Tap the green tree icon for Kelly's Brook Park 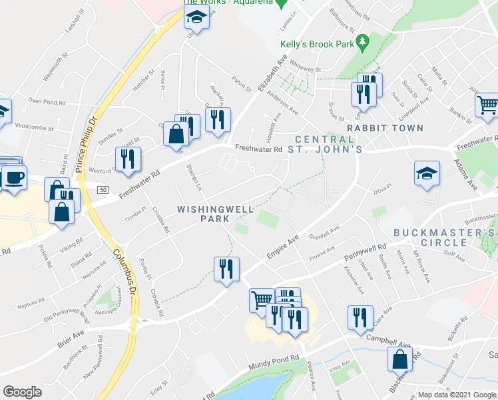coord(362,43)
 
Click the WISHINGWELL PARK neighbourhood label coord(215,214)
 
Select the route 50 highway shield coord(102,191)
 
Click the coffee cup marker coord(13,178)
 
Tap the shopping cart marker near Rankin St coord(487,105)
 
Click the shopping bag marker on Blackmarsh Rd coord(400,359)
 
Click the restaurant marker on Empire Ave coord(226,269)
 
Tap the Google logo coord(23,392)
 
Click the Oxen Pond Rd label coord(47,103)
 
